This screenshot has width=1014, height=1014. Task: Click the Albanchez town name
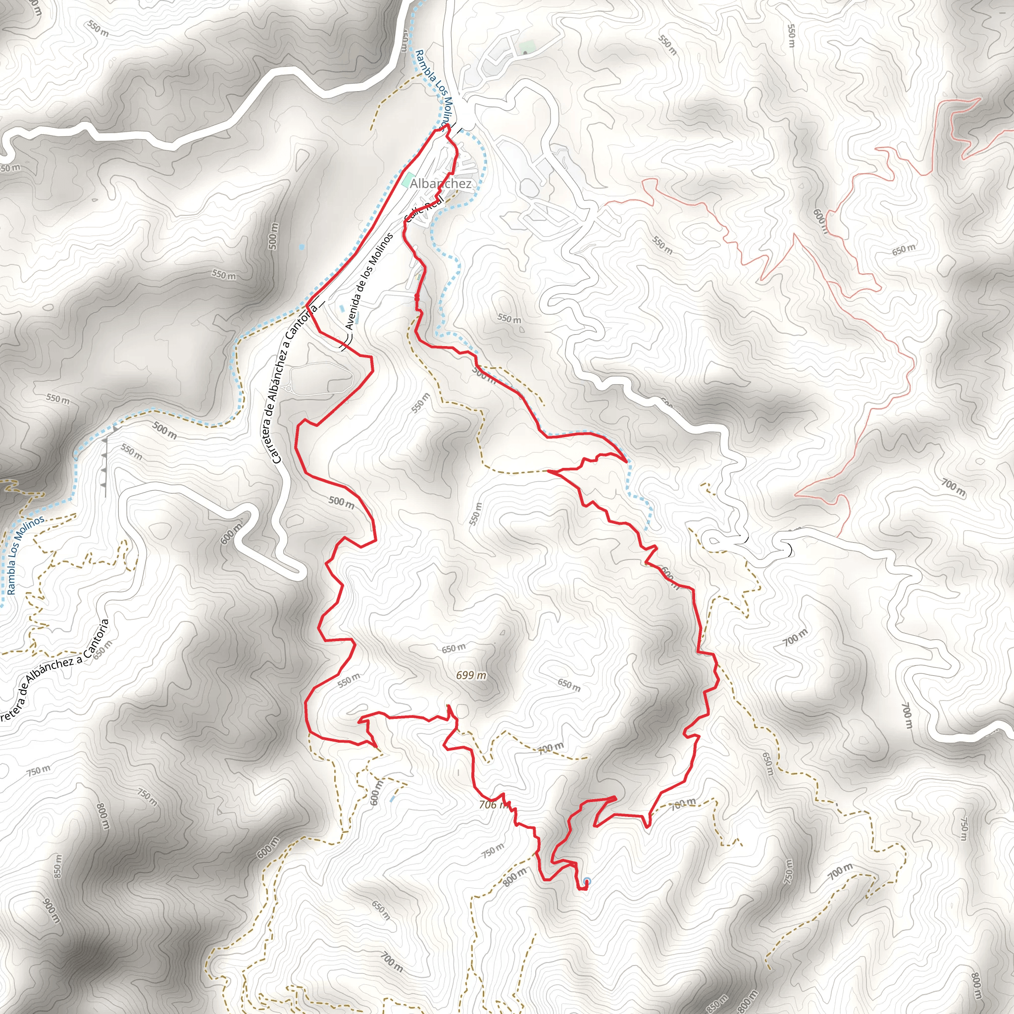click(x=441, y=184)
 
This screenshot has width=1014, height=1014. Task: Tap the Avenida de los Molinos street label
click(x=369, y=281)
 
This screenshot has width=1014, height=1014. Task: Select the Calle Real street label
click(x=424, y=208)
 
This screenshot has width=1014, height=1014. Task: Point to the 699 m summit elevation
click(x=471, y=675)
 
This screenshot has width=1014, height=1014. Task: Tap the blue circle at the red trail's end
click(x=587, y=881)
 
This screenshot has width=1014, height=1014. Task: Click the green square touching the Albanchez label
click(x=408, y=180)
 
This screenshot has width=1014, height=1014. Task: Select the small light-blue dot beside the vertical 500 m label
click(x=301, y=246)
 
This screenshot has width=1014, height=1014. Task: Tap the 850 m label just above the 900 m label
click(x=57, y=866)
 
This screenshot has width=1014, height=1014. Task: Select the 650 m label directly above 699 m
click(x=454, y=649)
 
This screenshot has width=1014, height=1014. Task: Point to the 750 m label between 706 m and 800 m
click(x=493, y=850)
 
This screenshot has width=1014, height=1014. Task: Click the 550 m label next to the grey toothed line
click(x=131, y=452)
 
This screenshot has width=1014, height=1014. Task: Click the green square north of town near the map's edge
click(x=526, y=47)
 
